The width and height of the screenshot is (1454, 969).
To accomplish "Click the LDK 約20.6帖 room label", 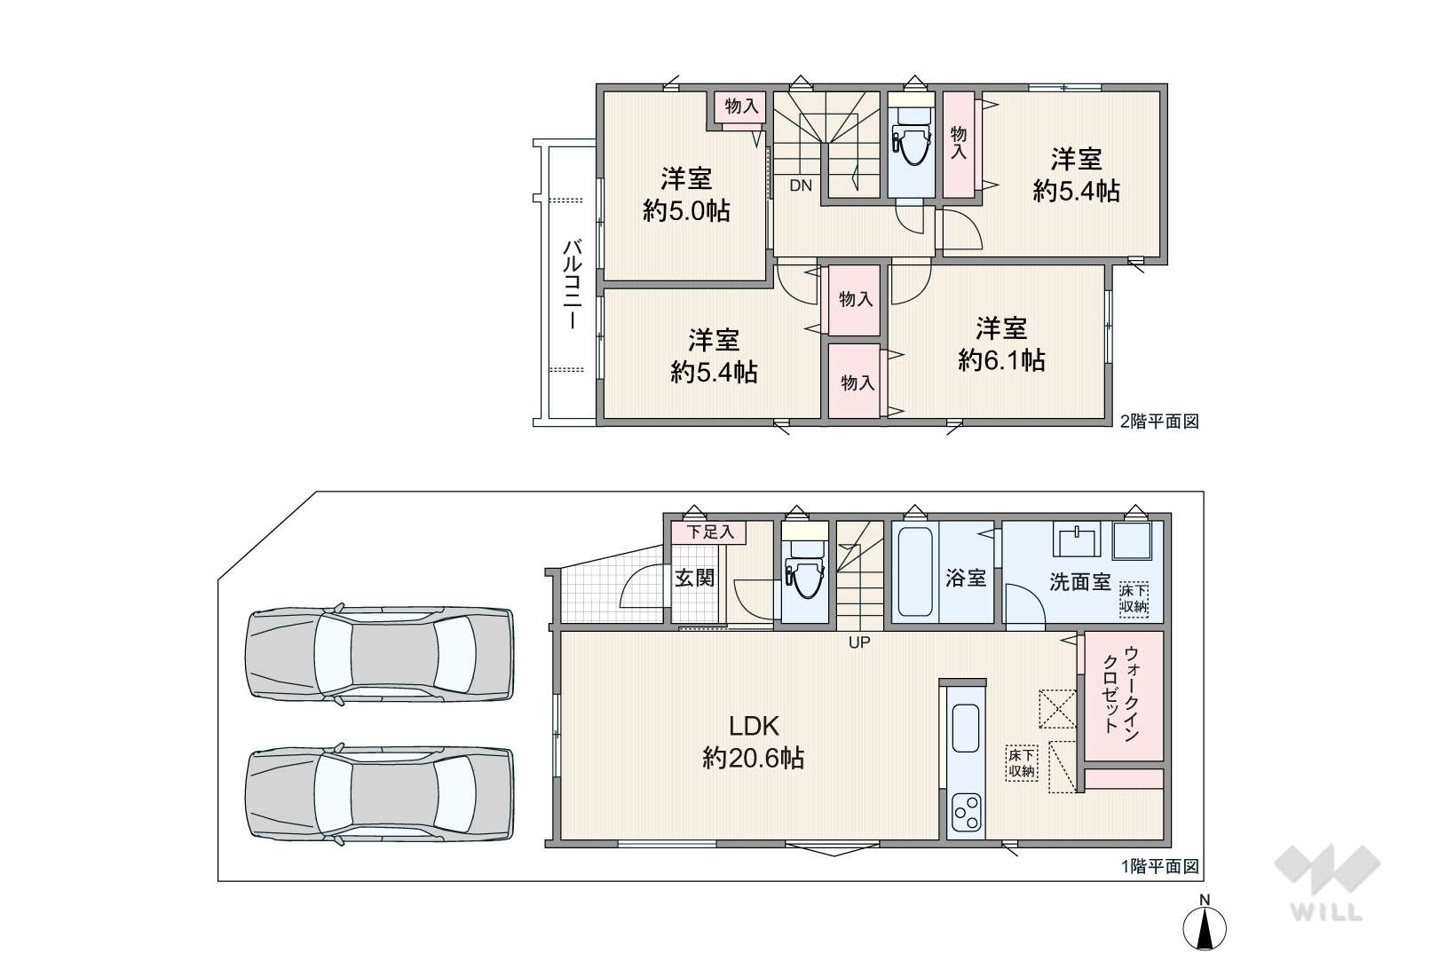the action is pos(753,743).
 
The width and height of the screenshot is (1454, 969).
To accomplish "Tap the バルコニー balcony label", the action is pos(572,284).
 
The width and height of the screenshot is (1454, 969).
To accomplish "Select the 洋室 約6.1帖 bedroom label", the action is pos(1001,344).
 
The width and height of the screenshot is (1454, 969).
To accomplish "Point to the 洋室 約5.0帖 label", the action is pos(686,194).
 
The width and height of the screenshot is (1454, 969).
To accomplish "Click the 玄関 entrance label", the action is pos(694,578).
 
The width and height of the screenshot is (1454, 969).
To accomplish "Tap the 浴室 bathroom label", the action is pos(965,578).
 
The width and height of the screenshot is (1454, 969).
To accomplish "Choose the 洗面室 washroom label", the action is pos(1080,581).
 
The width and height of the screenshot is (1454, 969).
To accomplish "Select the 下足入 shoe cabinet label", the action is pos(710,532).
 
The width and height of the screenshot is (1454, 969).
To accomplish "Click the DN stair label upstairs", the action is pos(801,185).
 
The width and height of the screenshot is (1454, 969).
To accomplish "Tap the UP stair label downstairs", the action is pos(859,642).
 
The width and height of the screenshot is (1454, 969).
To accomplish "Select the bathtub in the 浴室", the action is pos(915,571).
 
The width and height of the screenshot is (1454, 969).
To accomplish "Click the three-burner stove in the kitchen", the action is pos(966,813).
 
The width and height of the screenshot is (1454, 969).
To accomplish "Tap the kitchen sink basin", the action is pos(966,729).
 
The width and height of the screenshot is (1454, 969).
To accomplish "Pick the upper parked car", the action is pos(380,653).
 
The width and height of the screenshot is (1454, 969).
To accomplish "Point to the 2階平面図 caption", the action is pos(1159,421).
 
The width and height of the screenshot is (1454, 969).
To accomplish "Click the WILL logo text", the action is pos(1327,912).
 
